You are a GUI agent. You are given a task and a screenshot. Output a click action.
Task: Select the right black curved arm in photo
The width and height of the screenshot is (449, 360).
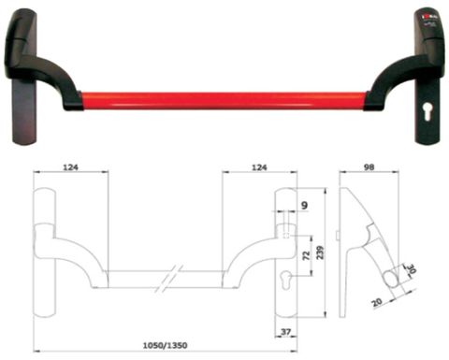click(393, 79)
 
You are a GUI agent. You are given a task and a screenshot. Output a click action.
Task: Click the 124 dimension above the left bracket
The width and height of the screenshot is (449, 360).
click(71, 166)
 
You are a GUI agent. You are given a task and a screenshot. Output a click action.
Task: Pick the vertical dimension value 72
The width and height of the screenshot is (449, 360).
click(304, 254)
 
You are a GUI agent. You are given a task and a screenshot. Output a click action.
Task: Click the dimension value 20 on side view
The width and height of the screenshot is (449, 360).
click(378, 302)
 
